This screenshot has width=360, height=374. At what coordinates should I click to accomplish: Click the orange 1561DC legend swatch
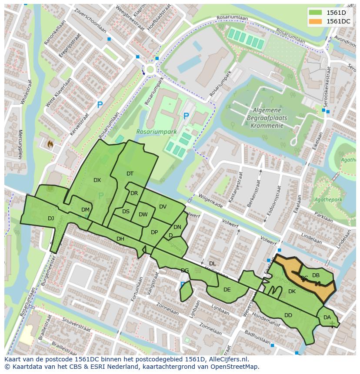(316, 21)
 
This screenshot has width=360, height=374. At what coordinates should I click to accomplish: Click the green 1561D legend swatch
(316, 13)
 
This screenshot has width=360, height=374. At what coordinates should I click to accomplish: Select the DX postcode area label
(97, 180)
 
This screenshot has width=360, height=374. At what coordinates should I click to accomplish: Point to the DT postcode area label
(130, 173)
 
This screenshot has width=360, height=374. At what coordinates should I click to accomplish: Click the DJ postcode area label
(51, 218)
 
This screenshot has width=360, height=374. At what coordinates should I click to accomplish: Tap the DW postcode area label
(143, 214)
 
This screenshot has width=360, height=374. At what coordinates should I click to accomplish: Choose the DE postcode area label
(227, 289)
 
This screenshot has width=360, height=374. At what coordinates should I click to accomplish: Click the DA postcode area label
(327, 318)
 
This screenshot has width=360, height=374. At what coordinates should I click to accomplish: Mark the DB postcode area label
(316, 275)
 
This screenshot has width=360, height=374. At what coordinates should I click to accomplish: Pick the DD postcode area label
(288, 315)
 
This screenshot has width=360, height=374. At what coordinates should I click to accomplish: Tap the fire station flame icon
(50, 143)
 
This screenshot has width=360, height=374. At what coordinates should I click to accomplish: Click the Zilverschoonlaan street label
(90, 20)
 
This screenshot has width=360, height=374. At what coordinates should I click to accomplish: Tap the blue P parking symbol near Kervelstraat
(100, 105)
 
